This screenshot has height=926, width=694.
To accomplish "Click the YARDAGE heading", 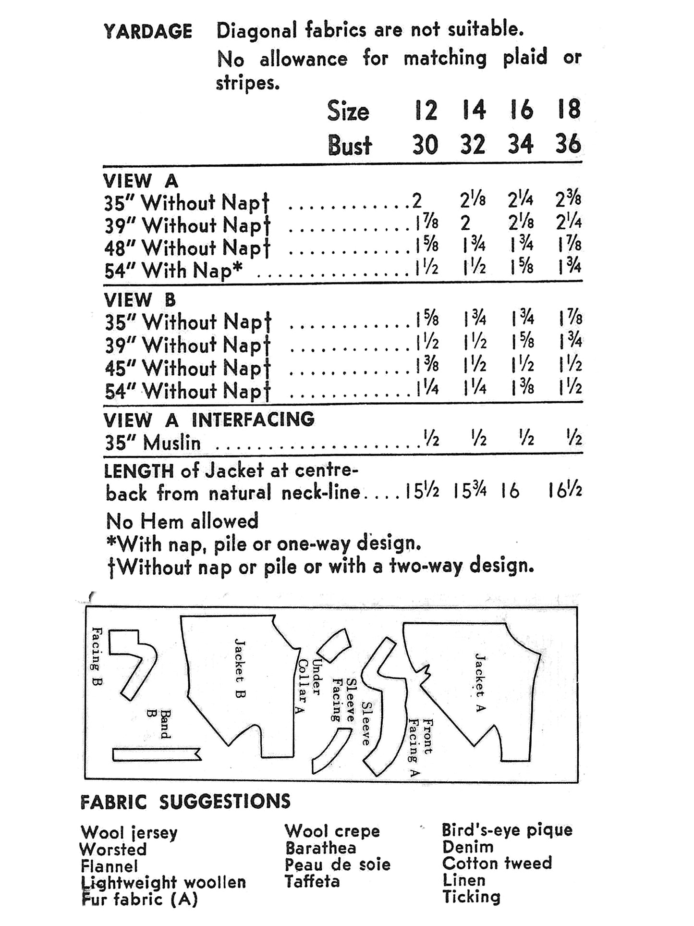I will [147, 32].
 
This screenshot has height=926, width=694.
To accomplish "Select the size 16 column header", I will [521, 110].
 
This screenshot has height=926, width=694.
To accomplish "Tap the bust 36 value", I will [568, 144].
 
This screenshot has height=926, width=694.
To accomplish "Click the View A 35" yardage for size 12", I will [417, 200].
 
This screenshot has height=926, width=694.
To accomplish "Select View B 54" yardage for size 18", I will [571, 387].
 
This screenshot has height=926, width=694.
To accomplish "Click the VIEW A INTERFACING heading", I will [209, 420].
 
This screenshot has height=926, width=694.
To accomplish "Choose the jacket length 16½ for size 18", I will [565, 491].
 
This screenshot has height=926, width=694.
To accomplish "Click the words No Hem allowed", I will [182, 521].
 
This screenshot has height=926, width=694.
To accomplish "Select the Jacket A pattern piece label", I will [480, 682].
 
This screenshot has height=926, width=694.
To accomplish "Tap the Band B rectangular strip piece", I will [156, 755].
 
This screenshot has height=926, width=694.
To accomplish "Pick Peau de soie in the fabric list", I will [337, 865].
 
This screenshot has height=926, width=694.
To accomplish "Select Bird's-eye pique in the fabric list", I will [507, 830].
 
